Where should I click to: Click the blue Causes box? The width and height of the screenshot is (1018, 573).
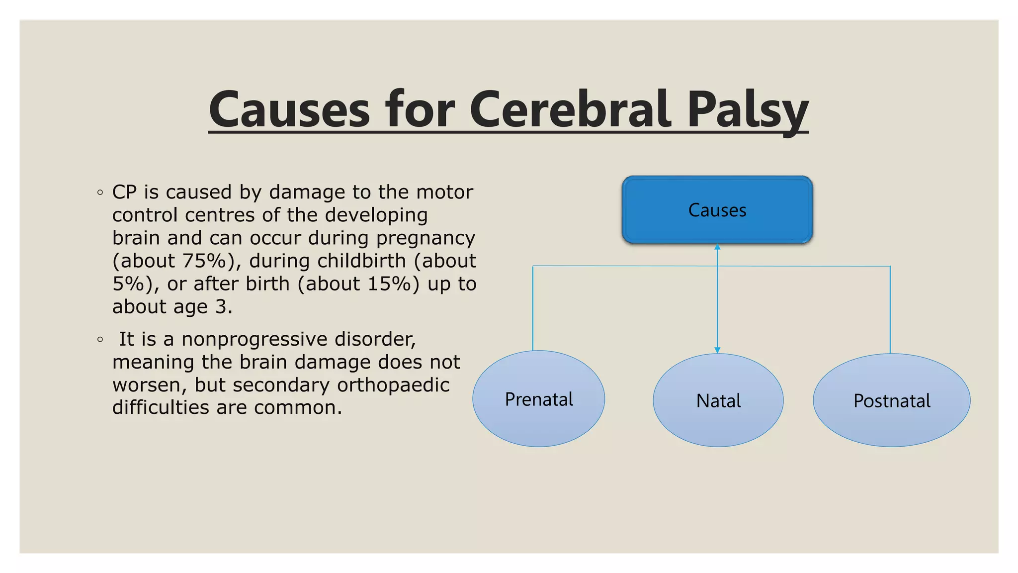point(717,210)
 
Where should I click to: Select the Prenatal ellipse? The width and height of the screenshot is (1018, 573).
point(538,399)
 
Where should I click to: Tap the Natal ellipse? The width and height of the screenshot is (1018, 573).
point(718,400)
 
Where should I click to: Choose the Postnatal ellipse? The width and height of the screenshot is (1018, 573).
point(891,400)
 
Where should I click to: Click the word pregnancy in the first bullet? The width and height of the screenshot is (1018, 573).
point(425,238)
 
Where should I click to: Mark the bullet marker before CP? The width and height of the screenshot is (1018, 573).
point(100,192)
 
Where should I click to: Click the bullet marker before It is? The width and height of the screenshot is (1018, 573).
point(100,340)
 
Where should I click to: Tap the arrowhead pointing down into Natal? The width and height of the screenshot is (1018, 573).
point(717,350)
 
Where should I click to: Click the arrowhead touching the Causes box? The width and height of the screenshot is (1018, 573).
point(717,247)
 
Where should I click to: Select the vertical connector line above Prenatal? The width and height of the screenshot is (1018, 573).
point(533,308)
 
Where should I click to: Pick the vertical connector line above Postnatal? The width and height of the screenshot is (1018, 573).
point(890,308)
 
